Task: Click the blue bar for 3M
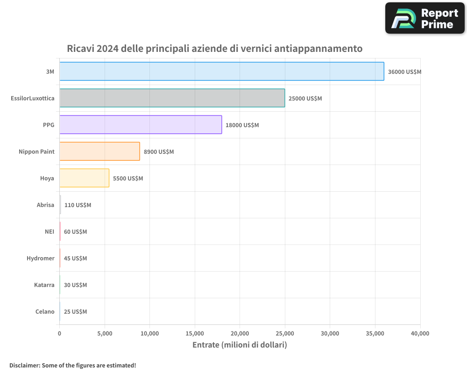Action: coord(222,72)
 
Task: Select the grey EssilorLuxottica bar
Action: coord(172,98)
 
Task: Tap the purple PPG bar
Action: coord(141,125)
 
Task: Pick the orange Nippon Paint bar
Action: coord(99,151)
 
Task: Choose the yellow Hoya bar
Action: coord(84,178)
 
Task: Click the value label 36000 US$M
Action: coord(404,72)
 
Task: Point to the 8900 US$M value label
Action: coord(159,152)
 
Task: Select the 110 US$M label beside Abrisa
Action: coord(78,205)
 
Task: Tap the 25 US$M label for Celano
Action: coord(75,312)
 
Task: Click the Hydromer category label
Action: coord(41,259)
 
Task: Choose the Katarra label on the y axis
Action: coord(44,285)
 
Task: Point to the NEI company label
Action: coord(50,232)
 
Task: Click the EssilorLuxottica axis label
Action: coord(33,99)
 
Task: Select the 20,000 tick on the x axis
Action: coord(240,334)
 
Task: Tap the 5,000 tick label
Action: coord(105,334)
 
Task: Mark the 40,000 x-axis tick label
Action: coord(420,334)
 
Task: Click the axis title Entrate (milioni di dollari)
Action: coord(240,345)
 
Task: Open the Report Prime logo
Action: coord(425,18)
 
